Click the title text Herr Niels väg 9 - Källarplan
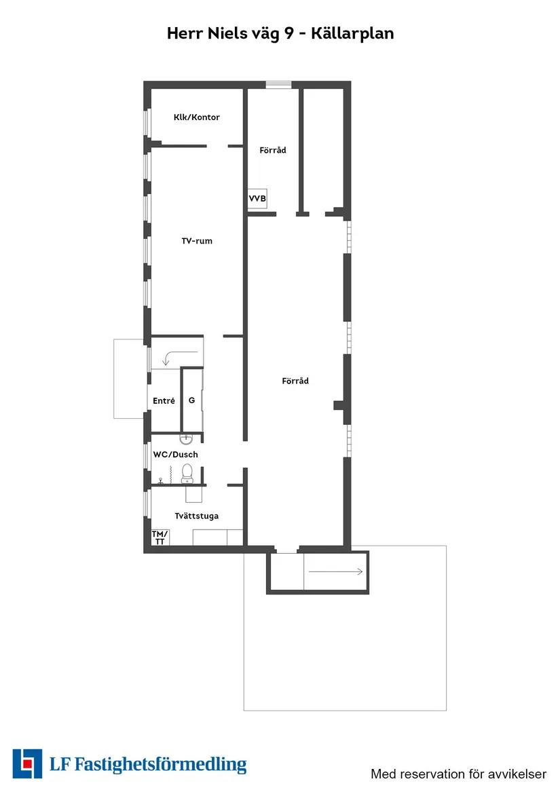(280, 33)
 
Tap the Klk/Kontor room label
(196, 117)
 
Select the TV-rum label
(197, 241)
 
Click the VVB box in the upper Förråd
(257, 198)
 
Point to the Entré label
(164, 401)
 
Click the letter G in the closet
(191, 400)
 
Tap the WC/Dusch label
(175, 454)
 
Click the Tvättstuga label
(196, 516)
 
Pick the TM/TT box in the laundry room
(160, 538)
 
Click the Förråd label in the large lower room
(295, 381)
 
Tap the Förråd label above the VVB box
(273, 150)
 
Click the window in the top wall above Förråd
(278, 85)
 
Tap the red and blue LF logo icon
(27, 763)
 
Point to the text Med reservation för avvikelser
(458, 774)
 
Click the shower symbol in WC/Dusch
(160, 480)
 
